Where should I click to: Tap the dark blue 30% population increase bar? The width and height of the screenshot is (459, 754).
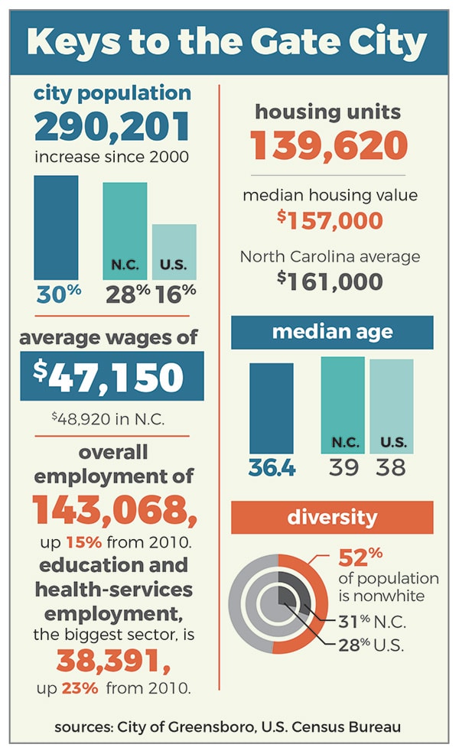coord(56,227)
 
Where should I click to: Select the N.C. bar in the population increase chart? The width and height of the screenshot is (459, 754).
coord(124,229)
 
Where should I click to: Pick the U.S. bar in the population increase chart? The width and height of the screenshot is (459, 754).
coord(174,251)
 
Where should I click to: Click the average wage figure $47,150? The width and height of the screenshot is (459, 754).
coord(112,376)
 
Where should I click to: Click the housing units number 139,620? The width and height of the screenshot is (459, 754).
coord(329,146)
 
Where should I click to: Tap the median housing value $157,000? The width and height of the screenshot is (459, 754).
coord(330,222)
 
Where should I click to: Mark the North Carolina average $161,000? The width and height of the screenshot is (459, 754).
coord(330,282)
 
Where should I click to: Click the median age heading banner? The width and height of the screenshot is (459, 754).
coord(332,333)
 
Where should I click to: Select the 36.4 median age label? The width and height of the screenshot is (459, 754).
coord(272,467)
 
